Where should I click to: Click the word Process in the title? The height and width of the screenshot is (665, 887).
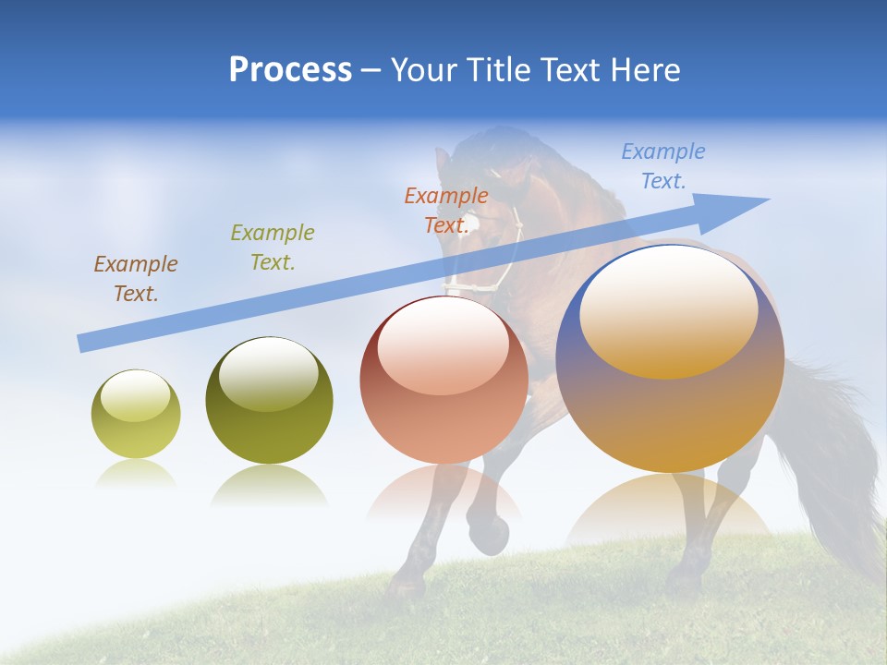(x=290, y=70)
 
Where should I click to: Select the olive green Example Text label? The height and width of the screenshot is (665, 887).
(x=273, y=248)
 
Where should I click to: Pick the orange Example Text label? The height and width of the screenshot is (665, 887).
(x=446, y=211)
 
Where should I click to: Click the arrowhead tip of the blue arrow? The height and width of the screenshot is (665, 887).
(x=766, y=199)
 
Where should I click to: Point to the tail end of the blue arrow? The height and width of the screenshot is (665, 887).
(x=81, y=345)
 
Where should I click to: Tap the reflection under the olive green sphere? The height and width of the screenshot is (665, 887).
(x=269, y=485)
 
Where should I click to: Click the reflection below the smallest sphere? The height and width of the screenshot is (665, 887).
(x=136, y=473)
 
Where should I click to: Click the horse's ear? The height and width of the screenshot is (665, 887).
(x=443, y=159)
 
